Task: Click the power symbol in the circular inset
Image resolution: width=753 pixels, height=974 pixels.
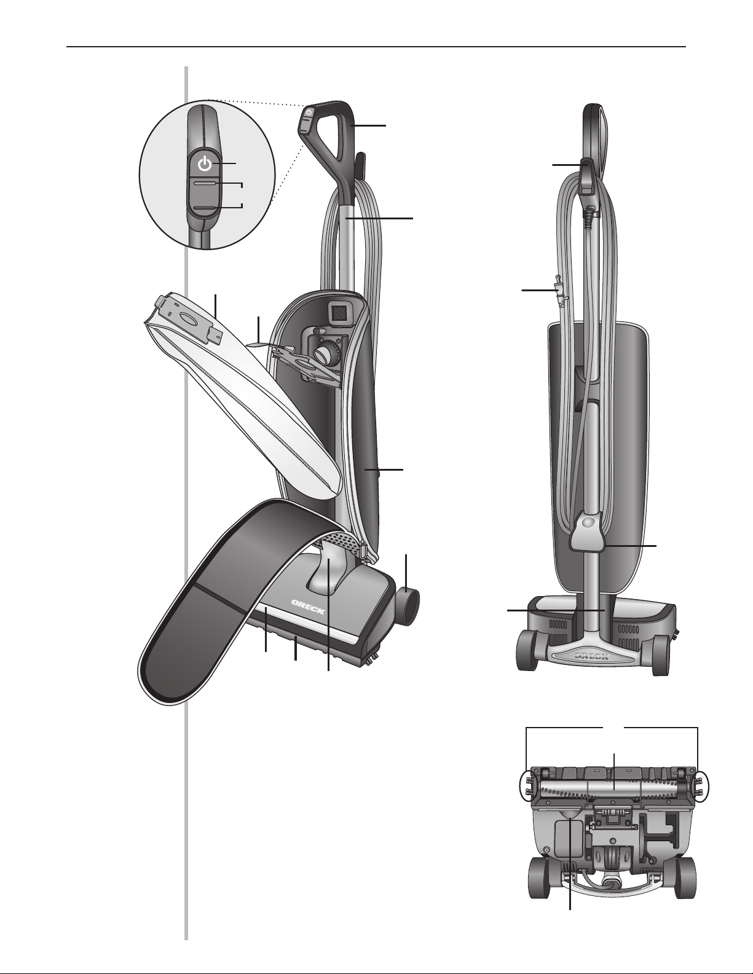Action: tap(205, 165)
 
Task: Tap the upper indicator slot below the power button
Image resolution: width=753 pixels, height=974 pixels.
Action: tap(205, 183)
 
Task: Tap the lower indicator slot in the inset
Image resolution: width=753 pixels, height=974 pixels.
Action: tap(205, 208)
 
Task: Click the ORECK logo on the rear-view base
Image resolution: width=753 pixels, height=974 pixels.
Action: tap(591, 656)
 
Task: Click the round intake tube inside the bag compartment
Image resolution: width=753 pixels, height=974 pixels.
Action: tap(323, 354)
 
